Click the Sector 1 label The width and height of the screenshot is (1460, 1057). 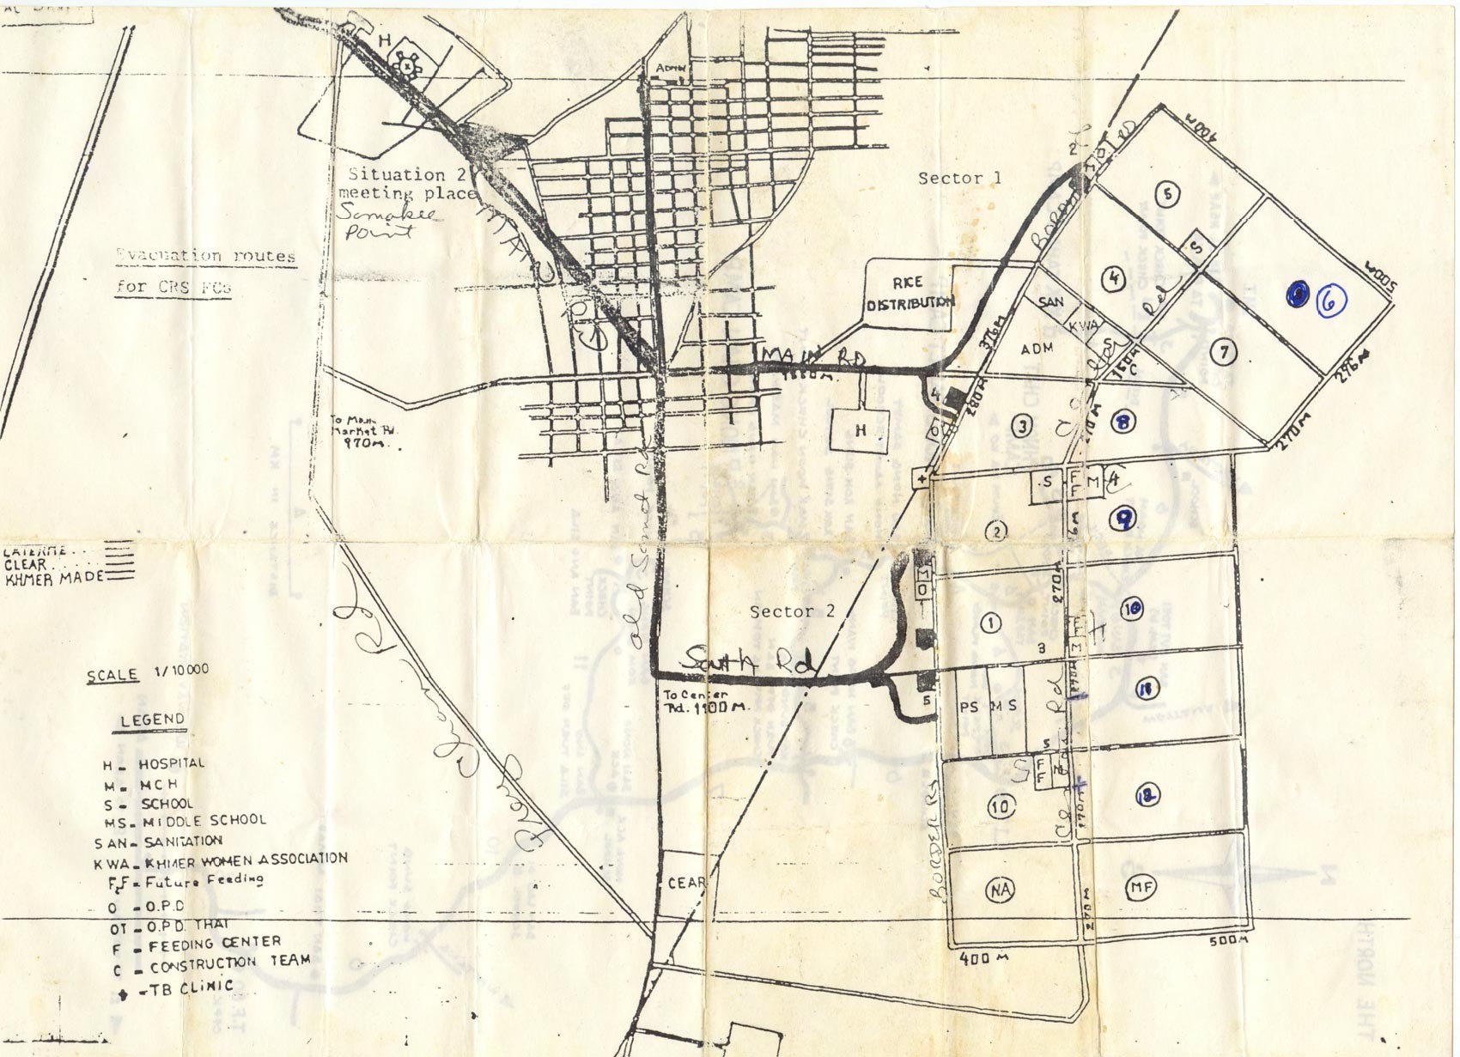click(959, 179)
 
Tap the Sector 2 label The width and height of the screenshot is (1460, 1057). click(792, 611)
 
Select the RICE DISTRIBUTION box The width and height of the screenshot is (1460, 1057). click(909, 293)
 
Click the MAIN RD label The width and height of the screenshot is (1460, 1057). click(813, 357)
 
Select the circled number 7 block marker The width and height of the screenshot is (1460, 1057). click(1225, 352)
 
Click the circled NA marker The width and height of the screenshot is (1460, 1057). click(1000, 890)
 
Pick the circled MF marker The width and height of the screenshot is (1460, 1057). click(1140, 887)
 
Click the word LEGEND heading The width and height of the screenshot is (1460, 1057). click(152, 720)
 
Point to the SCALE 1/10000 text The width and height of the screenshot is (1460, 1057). click(147, 672)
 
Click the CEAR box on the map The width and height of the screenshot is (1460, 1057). click(686, 883)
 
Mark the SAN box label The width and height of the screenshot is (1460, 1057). click(1050, 302)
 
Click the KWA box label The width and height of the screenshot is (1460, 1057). click(1083, 326)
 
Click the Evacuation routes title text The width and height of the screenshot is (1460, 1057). click(206, 256)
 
